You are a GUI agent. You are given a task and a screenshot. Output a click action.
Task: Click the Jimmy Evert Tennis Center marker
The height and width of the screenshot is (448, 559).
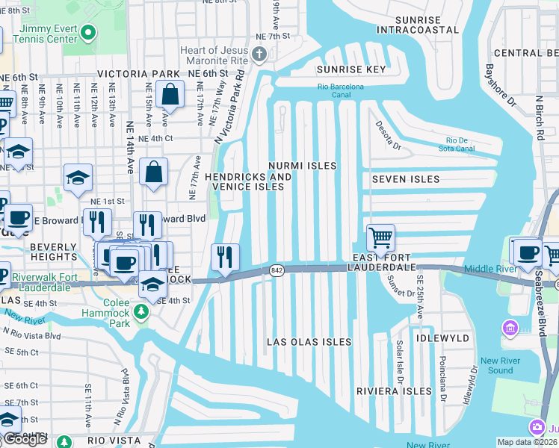coord(88,32)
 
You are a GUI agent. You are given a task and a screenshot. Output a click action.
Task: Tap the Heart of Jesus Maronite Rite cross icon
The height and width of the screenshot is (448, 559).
coord(259,53)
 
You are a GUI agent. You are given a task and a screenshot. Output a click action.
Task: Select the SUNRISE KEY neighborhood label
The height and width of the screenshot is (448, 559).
coord(351,69)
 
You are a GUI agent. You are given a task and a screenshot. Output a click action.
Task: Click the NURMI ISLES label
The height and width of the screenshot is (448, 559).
coord(303,165)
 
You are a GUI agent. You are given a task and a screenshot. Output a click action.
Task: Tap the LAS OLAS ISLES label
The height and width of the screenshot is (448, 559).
coord(309,341)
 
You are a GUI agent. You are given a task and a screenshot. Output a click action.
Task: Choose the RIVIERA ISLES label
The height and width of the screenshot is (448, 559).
coord(394,391)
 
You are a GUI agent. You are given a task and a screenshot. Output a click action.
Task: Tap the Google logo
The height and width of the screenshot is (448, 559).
coord(25,439)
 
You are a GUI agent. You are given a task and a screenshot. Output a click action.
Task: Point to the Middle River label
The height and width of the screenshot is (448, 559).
coord(489,269)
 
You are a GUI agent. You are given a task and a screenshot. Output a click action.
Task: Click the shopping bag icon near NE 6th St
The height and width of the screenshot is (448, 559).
coord(170,95)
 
